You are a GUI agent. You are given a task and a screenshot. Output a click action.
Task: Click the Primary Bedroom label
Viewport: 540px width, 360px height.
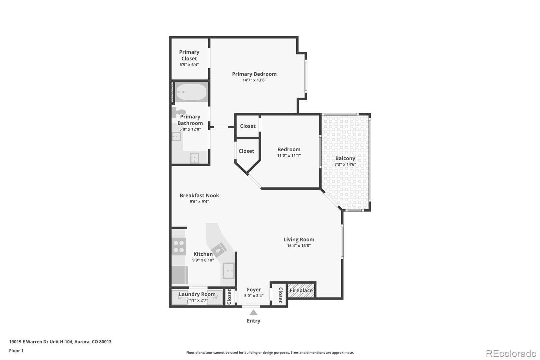(254, 74)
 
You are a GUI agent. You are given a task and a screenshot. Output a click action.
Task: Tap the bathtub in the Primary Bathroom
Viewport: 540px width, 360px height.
(191, 92)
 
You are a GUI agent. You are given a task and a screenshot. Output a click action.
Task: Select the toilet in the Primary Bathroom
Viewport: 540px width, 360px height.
(179, 112)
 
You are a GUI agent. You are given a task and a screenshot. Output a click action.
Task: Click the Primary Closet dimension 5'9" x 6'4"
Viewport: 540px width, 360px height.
(189, 65)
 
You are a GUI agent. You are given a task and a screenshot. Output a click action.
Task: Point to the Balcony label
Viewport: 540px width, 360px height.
(345, 158)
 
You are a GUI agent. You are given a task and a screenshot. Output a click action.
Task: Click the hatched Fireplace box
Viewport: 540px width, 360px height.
(301, 290)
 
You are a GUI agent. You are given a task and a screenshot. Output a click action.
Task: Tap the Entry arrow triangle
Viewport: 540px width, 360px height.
(253, 313)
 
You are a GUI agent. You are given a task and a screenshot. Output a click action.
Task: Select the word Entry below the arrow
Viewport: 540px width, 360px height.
(253, 321)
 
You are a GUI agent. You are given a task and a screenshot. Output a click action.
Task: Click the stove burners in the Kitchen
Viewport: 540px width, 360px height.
(179, 246)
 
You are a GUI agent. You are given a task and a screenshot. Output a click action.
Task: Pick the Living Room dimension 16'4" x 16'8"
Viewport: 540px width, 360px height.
(299, 246)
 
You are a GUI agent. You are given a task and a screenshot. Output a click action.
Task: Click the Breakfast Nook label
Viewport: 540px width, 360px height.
(199, 195)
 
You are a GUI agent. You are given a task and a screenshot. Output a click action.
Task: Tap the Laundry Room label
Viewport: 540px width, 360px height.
(197, 294)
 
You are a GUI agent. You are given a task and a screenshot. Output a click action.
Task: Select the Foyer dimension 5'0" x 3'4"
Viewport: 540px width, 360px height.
(254, 296)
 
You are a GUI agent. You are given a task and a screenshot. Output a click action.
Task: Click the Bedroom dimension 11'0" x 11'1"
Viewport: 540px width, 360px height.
(289, 155)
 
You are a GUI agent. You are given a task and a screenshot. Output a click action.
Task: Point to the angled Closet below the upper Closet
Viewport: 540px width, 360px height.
(246, 151)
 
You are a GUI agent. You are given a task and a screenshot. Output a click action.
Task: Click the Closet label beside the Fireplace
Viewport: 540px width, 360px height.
(280, 294)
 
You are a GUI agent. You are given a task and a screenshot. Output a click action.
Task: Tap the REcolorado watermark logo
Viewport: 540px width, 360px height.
(511, 354)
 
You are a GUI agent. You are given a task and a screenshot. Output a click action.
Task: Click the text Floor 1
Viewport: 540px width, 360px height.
(16, 351)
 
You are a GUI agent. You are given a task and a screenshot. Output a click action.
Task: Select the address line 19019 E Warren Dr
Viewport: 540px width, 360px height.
(60, 341)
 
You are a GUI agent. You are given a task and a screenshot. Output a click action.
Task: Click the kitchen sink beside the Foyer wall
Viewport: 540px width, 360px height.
(228, 271)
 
